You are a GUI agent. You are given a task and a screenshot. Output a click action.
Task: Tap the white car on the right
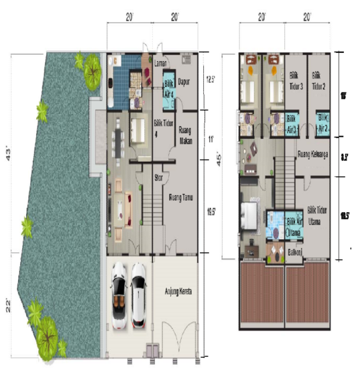coord(139,295)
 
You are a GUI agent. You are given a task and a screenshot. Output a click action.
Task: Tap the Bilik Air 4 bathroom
coord(170,89)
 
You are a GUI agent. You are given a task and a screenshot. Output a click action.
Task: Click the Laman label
coord(160,64)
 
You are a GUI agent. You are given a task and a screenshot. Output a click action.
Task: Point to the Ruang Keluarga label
coord(314,154)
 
